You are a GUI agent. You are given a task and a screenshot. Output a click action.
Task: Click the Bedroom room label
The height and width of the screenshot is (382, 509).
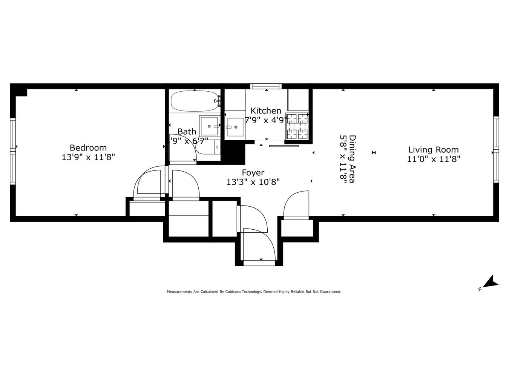pyautogui.click(x=88, y=147)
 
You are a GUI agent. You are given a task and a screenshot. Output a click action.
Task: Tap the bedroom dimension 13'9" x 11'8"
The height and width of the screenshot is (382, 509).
pyautogui.click(x=88, y=157)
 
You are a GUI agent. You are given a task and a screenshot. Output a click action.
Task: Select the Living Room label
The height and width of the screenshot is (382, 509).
pyautogui.click(x=433, y=149)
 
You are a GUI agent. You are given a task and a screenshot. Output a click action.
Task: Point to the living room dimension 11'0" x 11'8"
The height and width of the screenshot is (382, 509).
pyautogui.click(x=433, y=159)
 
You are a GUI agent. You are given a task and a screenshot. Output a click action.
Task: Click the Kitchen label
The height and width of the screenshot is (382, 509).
pyautogui.click(x=266, y=110)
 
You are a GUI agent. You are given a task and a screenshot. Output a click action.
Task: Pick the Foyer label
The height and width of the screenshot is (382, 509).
pyautogui.click(x=253, y=173)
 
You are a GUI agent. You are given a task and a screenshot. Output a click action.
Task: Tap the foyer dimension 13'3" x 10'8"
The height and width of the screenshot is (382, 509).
pyautogui.click(x=253, y=183)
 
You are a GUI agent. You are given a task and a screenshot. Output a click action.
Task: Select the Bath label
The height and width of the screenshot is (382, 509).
pyautogui.click(x=187, y=132)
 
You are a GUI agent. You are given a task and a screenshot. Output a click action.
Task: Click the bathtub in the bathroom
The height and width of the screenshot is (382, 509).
pyautogui.click(x=195, y=101)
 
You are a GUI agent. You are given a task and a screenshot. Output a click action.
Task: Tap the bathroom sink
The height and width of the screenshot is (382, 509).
pyautogui.click(x=209, y=126)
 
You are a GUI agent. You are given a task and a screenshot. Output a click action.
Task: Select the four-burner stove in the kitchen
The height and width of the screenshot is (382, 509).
pyautogui.click(x=297, y=126)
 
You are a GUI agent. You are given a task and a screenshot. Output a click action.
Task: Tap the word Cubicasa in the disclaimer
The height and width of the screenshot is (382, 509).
pyautogui.click(x=234, y=291)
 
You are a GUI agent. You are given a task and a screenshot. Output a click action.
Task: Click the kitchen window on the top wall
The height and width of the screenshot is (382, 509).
pyautogui.click(x=266, y=86)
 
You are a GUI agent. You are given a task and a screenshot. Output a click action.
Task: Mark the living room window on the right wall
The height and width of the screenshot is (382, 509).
pyautogui.click(x=496, y=150)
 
